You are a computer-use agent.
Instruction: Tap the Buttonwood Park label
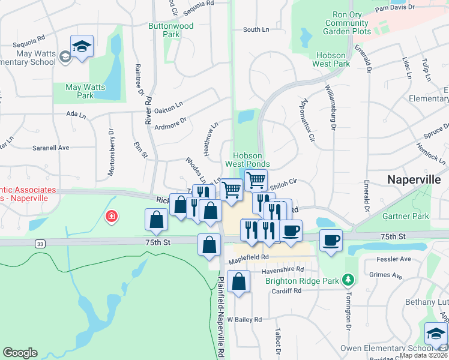click(171, 30)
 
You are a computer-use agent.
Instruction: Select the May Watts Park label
click(85, 91)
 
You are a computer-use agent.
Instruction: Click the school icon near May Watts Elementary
click(82, 46)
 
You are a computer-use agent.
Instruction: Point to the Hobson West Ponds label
click(247, 159)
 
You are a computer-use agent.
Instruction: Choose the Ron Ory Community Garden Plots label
click(347, 23)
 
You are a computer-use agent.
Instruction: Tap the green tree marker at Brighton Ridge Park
click(347, 280)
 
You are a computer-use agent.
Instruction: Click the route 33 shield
click(40, 244)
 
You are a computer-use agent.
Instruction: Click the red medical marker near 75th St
click(111, 216)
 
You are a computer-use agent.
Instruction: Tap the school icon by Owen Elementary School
click(436, 334)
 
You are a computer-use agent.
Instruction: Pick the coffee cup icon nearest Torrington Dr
click(331, 240)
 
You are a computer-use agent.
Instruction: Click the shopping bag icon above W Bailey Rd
click(238, 281)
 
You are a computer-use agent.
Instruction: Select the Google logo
click(20, 352)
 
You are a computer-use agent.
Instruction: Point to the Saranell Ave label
click(51, 147)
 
